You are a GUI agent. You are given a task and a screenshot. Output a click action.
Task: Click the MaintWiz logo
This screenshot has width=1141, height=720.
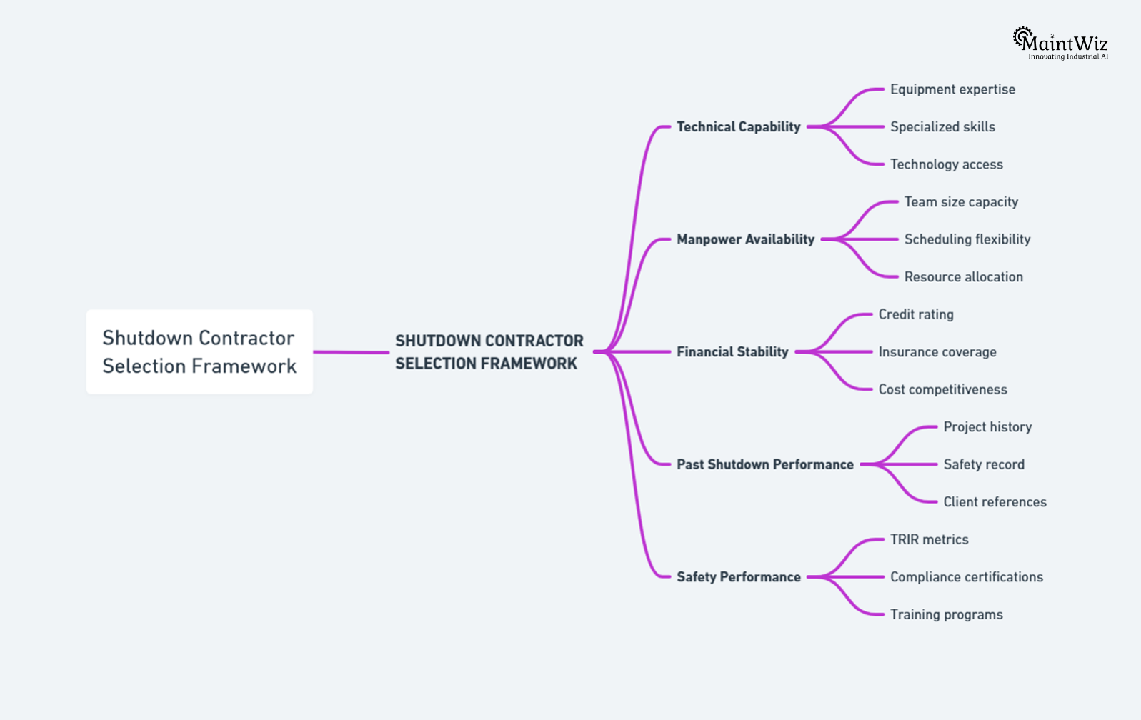[1060, 44]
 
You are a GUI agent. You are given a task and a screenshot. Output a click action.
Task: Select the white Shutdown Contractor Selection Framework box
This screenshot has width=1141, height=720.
[199, 351]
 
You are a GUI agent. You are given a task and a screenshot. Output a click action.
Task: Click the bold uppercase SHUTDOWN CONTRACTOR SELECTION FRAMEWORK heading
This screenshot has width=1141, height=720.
[489, 351]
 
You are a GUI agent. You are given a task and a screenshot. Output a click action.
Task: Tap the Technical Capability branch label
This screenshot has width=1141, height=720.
[738, 126]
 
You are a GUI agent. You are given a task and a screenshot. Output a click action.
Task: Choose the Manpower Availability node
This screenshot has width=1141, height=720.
[745, 239]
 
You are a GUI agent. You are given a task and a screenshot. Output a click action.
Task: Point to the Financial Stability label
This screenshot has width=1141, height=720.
[732, 351]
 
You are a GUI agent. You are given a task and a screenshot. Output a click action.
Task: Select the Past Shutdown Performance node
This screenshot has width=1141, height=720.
[764, 464]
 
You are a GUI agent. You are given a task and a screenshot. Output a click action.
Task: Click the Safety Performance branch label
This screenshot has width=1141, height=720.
[738, 576]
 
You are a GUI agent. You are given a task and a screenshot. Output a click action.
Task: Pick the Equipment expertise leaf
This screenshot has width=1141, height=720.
[952, 89]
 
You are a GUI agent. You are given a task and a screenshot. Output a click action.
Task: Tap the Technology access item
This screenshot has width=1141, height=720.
[946, 164]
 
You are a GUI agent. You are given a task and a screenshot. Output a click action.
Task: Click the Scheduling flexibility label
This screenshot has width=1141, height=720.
[967, 239]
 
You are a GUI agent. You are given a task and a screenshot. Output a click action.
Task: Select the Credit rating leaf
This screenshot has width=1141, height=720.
[915, 314]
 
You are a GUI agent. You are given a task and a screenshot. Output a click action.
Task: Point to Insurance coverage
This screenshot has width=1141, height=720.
[937, 351]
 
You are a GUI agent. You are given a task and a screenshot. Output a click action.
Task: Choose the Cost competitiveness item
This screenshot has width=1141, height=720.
[942, 389]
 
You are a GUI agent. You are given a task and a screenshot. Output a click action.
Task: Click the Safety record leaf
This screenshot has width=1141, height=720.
[983, 464]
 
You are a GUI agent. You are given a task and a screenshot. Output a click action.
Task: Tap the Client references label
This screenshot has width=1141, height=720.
[995, 501]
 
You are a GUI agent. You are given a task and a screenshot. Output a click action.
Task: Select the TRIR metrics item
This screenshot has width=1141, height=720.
[929, 539]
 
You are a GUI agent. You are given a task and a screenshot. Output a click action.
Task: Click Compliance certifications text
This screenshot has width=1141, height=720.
[966, 576]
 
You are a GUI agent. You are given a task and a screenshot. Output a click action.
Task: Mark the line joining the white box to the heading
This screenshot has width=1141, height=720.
[351, 352]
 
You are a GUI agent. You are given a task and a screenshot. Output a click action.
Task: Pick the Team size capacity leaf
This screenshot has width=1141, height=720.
[960, 201]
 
